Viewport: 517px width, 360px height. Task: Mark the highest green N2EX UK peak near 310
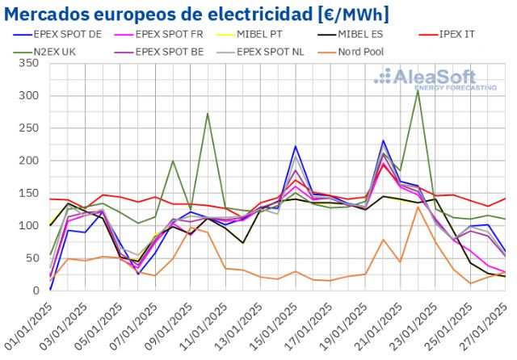click(418, 90)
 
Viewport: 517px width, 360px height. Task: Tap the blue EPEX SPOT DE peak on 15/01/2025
click(296, 146)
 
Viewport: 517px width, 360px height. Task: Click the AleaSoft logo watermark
click(436, 78)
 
